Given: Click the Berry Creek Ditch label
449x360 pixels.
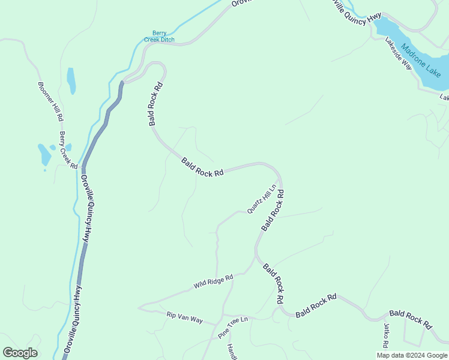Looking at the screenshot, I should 159,37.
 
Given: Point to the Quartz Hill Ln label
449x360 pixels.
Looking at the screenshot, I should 262,199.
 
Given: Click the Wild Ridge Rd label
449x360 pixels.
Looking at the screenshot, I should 213,281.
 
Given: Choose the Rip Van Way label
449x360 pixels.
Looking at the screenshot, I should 185,317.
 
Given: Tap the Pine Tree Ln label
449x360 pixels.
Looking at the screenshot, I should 233,325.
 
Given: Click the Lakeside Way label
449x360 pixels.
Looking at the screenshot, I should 399,54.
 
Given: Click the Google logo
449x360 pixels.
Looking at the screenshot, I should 20,353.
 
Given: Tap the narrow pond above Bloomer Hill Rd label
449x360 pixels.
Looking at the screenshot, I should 71,80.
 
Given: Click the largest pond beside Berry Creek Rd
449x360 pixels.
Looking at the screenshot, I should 45,154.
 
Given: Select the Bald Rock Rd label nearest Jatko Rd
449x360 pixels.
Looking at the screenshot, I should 411,319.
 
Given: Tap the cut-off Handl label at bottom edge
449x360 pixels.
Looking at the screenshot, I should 231,352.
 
